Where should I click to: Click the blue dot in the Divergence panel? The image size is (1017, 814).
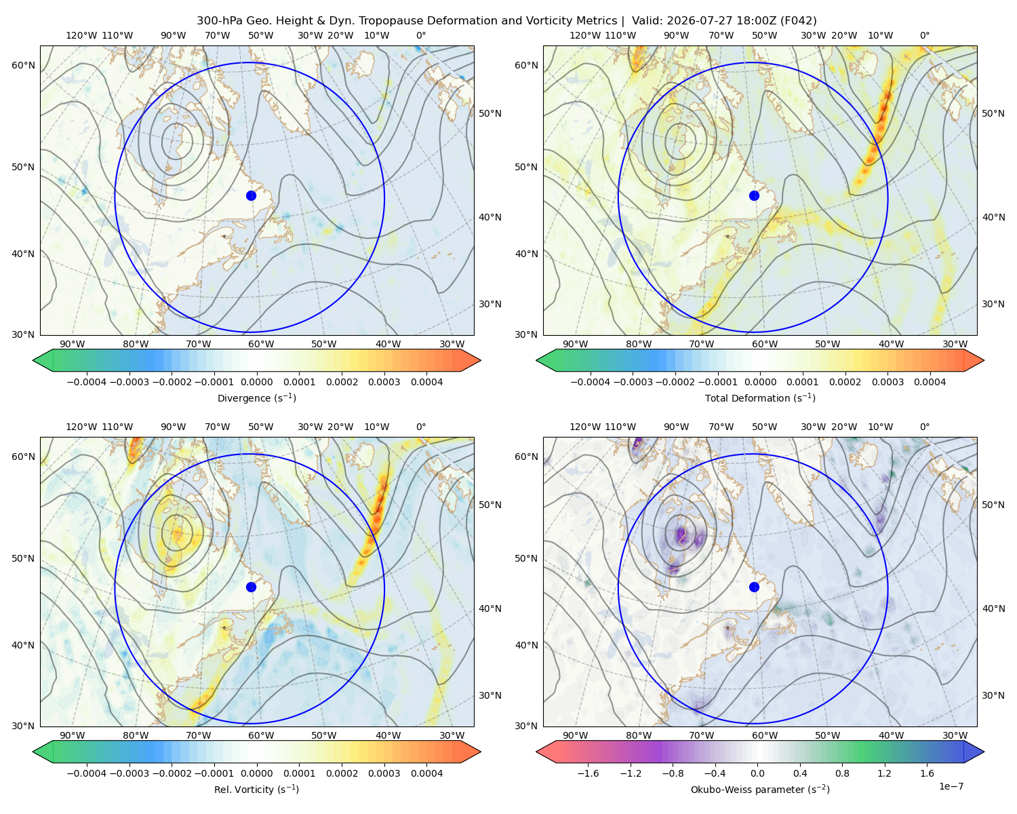[x=251, y=195]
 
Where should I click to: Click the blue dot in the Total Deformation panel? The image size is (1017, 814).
[x=754, y=195]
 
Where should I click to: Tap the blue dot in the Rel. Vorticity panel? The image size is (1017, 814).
[x=251, y=587]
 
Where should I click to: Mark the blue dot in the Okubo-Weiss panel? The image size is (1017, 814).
[x=754, y=587]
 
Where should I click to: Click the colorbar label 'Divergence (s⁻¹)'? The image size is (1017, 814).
[x=256, y=398]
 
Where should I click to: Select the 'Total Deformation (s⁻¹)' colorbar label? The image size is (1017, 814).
[x=760, y=398]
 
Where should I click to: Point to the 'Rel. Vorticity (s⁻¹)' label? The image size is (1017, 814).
[x=256, y=789]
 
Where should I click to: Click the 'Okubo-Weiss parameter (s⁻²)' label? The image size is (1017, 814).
[x=760, y=789]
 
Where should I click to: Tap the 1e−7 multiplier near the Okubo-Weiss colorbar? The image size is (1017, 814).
[x=951, y=786]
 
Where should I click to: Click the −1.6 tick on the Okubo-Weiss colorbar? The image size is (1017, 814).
[x=589, y=773]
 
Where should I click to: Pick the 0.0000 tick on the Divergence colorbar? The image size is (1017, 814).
[x=256, y=382]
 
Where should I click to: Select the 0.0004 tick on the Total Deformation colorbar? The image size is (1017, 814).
[x=930, y=382]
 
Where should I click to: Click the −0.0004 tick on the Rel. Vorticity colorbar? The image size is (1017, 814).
[x=87, y=773]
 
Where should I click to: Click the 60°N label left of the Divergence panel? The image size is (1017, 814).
[x=23, y=65]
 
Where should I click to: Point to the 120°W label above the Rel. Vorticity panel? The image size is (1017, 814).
[x=81, y=427]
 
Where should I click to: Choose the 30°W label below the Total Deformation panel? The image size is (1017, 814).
[x=955, y=344]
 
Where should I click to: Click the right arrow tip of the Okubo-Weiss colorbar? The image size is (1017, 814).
[x=984, y=752]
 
